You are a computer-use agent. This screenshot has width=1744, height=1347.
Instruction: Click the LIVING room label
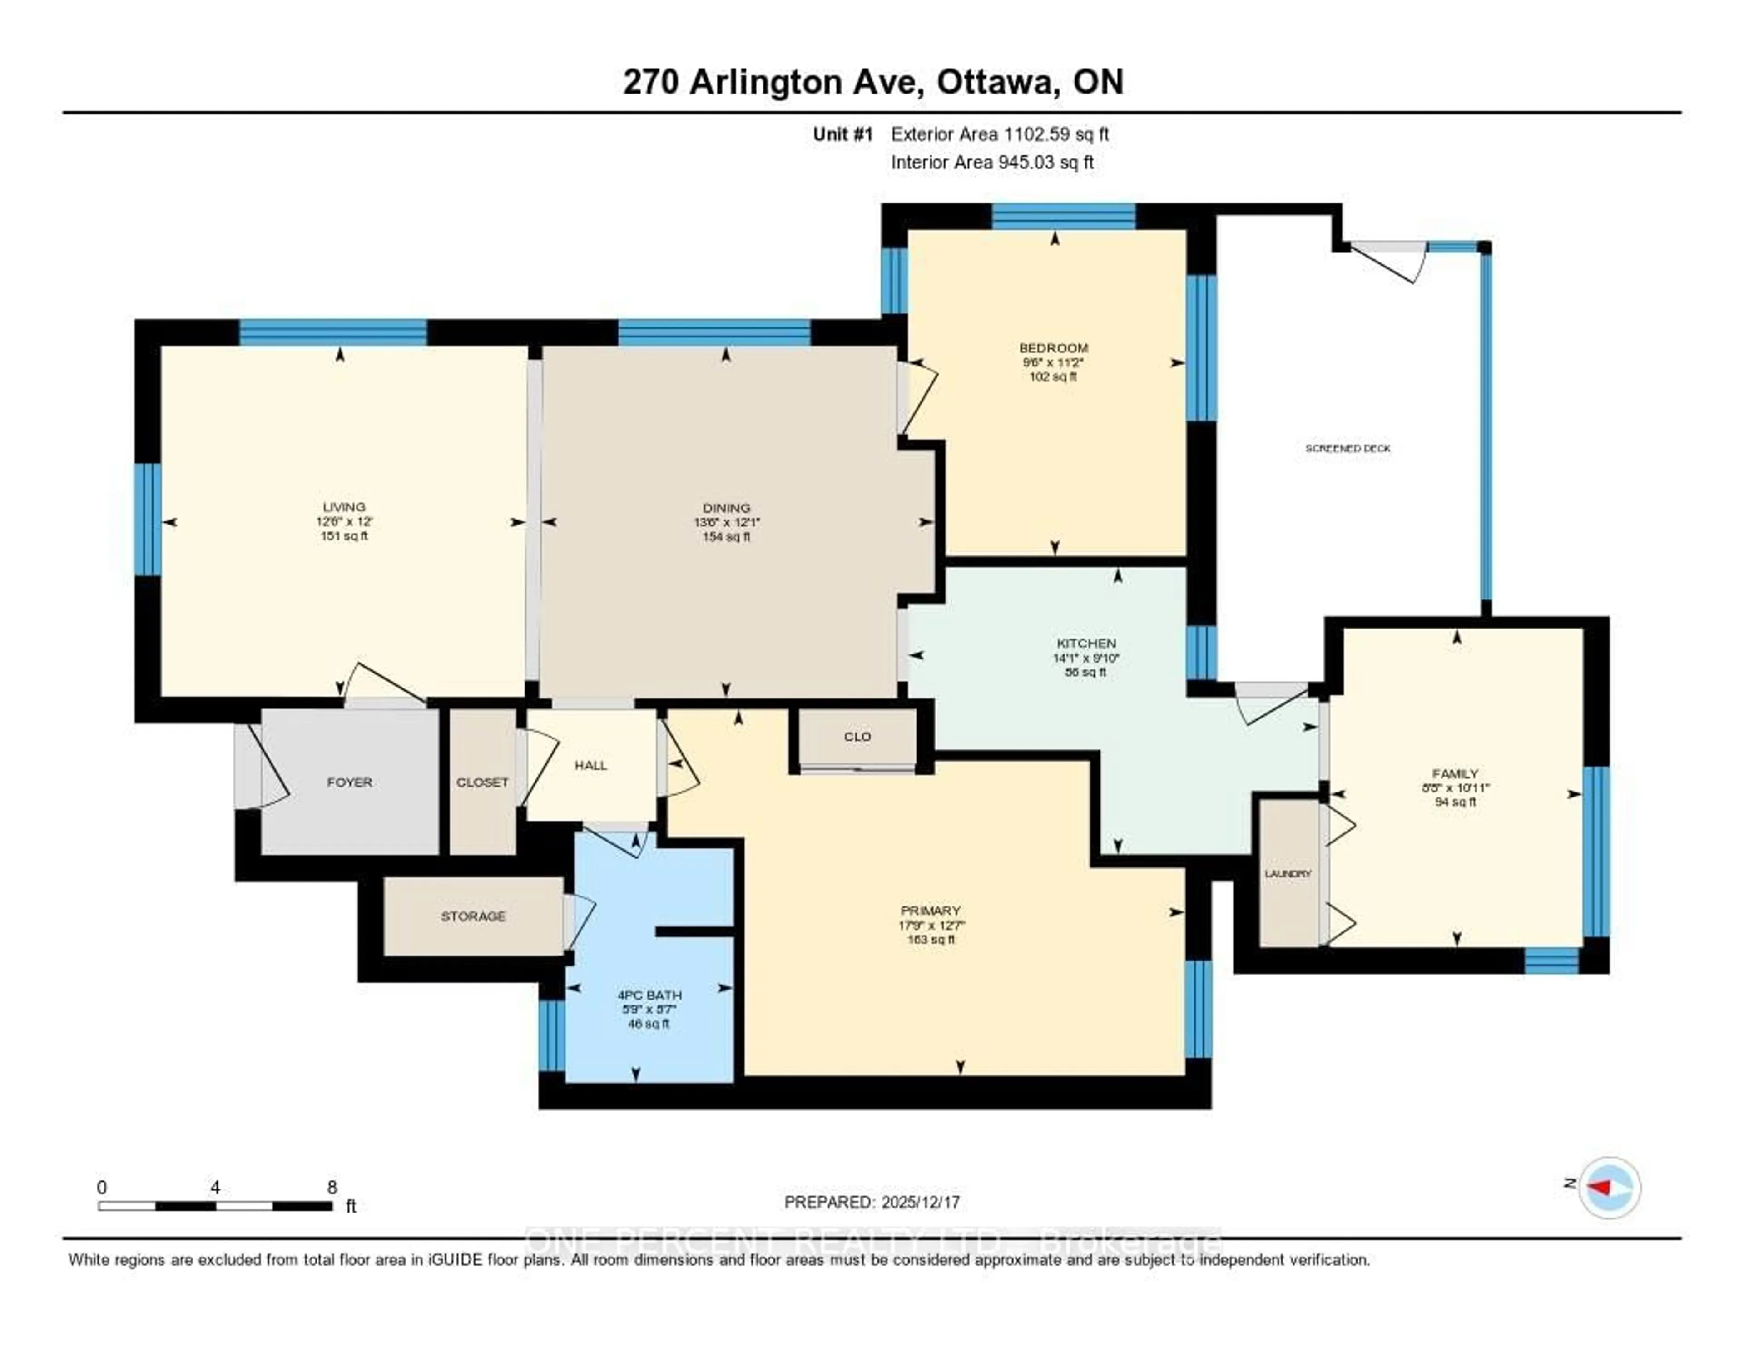(x=344, y=507)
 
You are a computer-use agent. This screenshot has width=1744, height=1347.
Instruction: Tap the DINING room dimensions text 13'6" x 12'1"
(x=726, y=522)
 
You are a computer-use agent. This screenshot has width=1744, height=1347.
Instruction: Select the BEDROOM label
(x=1053, y=348)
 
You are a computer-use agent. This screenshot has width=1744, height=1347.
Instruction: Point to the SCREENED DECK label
(x=1348, y=449)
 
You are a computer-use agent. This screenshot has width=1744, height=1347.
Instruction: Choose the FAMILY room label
(x=1455, y=773)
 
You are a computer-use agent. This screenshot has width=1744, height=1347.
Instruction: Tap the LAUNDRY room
(x=1288, y=873)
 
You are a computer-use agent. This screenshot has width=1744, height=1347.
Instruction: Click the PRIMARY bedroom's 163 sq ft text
(x=930, y=940)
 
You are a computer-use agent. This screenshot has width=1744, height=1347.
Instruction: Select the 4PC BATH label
(x=649, y=995)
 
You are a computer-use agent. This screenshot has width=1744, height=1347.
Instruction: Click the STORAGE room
(x=473, y=916)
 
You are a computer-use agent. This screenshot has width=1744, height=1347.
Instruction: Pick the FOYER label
(x=349, y=782)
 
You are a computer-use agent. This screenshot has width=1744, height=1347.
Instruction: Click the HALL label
(x=591, y=765)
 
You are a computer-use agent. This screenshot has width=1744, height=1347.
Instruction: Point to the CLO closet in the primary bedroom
(x=857, y=736)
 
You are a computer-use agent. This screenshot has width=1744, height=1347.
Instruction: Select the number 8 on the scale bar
(x=332, y=1187)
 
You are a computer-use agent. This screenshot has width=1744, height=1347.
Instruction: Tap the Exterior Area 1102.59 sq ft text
(x=1000, y=134)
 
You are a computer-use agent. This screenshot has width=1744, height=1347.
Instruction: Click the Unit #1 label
(x=843, y=134)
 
